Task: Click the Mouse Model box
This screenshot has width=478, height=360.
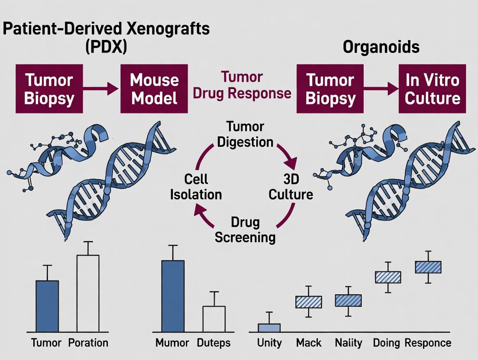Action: click(154, 89)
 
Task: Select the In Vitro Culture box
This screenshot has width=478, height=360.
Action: click(432, 89)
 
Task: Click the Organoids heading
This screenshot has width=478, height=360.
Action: click(381, 47)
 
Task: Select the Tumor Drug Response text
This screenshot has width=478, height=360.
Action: click(242, 85)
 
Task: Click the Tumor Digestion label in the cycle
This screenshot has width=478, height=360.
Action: click(245, 135)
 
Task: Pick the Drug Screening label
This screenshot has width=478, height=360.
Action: click(245, 230)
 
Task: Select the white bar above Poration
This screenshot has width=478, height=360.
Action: click(88, 293)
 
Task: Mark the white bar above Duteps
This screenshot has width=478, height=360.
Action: click(214, 319)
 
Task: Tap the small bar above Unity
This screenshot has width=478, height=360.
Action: click(269, 328)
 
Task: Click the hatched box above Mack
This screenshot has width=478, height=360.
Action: click(309, 302)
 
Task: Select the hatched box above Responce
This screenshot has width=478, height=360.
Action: click(428, 267)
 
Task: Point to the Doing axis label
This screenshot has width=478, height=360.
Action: click(386, 343)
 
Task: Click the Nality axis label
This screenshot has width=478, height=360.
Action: click(349, 343)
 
